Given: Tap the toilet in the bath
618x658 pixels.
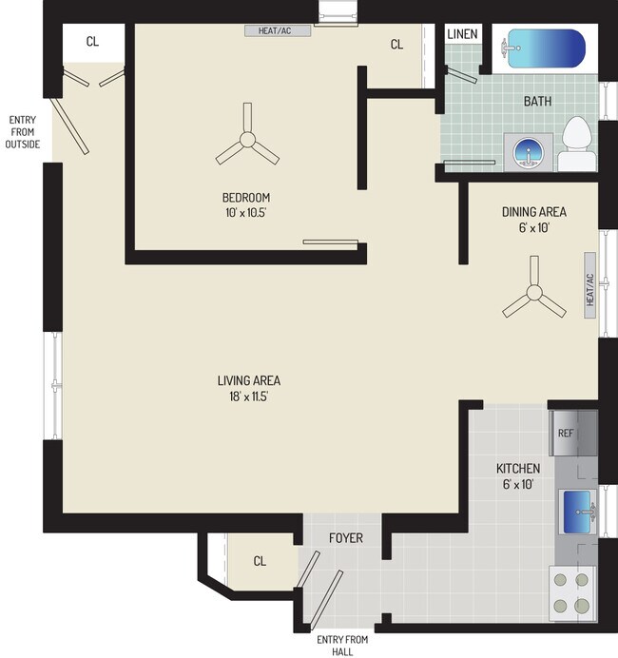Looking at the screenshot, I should click(577, 145).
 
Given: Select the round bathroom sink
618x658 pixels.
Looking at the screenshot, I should click(528, 151).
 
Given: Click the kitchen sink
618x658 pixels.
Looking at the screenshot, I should click(579, 511).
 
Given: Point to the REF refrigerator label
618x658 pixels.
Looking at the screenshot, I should click(566, 434).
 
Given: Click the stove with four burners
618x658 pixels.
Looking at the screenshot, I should click(571, 590).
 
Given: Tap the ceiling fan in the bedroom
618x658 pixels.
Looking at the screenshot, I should click(246, 143).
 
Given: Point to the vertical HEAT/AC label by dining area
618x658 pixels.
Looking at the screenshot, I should click(589, 289).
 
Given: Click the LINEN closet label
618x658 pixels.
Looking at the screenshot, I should click(462, 35).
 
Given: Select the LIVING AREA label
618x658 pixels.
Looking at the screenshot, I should click(248, 380).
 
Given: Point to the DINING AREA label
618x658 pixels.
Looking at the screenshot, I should click(533, 211).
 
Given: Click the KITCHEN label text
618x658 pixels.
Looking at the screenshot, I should click(518, 469).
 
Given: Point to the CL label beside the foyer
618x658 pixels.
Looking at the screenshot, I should click(260, 561).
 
